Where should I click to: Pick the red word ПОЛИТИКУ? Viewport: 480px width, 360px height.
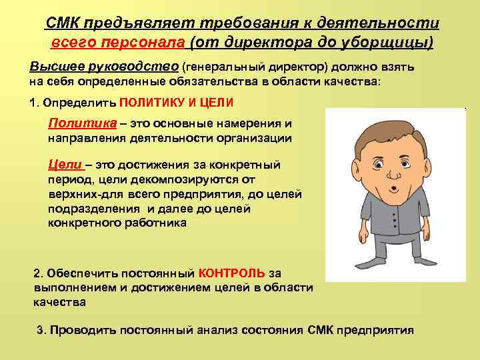(x=152, y=105)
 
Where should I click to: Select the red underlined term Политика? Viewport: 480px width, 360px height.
(x=74, y=124)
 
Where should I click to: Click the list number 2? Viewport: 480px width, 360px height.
(x=37, y=273)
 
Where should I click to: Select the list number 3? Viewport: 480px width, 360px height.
(x=41, y=330)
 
